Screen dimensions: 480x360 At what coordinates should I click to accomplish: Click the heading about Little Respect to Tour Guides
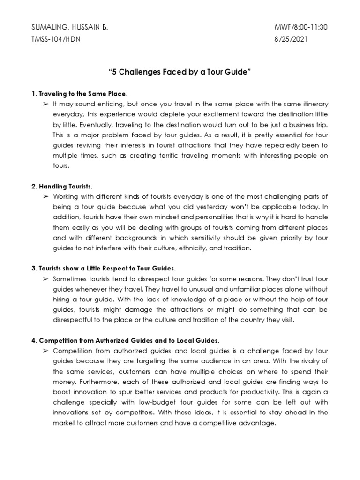[104, 269]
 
